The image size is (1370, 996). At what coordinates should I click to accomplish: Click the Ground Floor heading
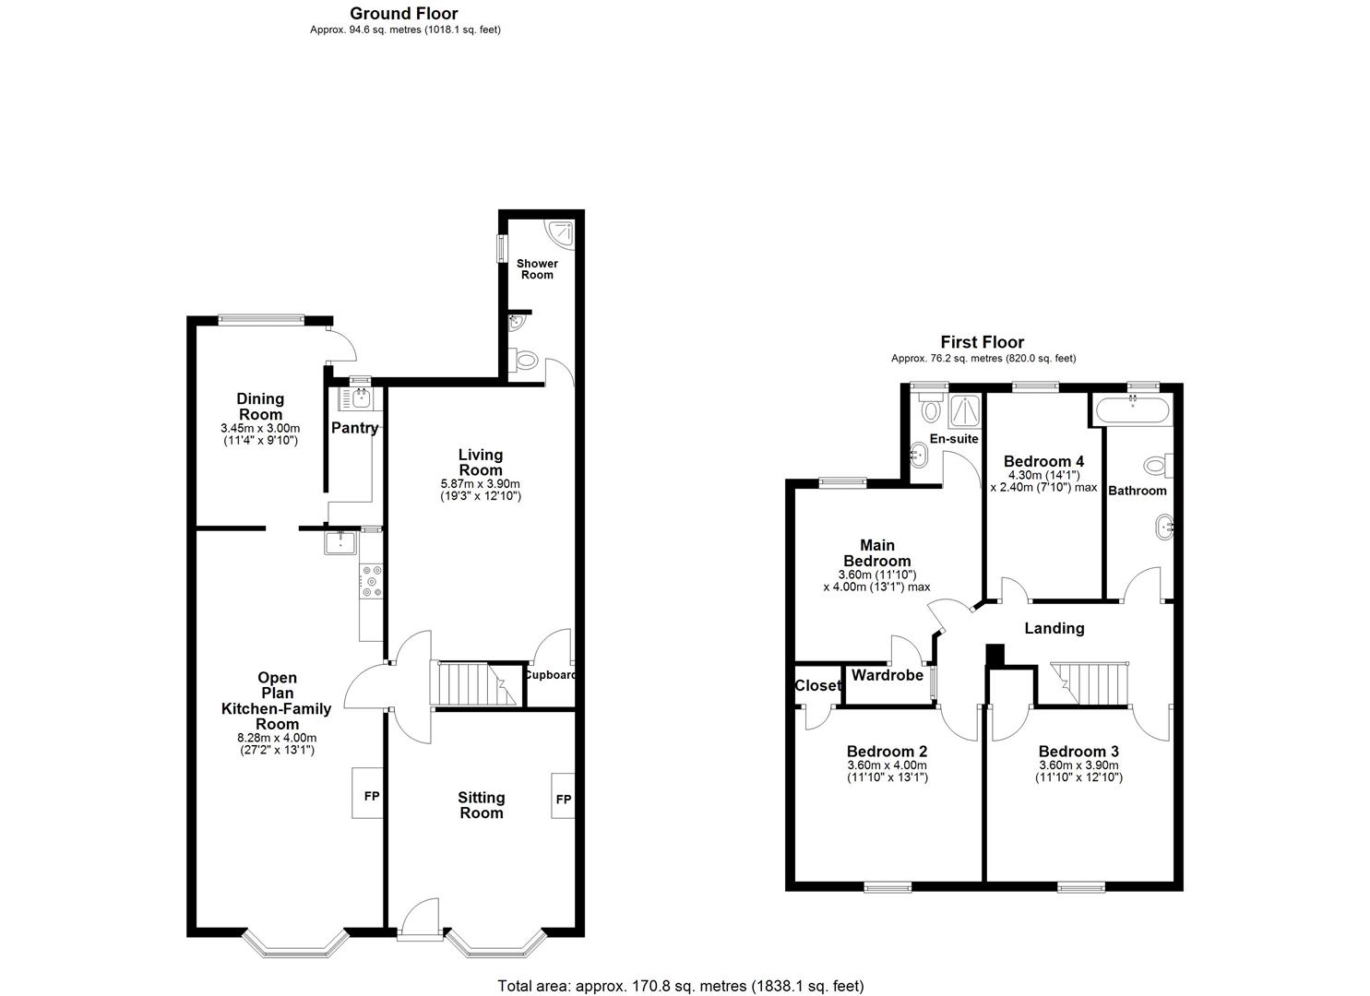tap(404, 14)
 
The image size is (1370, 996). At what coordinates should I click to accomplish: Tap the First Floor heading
tap(982, 343)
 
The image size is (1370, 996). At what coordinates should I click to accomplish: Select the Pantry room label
tap(355, 428)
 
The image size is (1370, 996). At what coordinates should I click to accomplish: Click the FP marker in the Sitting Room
tap(563, 799)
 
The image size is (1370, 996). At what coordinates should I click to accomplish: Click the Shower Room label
tap(537, 269)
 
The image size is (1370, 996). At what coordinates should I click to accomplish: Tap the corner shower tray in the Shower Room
tap(559, 231)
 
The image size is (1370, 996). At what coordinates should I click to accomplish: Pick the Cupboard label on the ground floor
tap(550, 674)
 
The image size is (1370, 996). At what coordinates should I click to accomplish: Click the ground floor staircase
tap(471, 684)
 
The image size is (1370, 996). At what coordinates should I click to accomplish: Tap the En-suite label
tap(954, 439)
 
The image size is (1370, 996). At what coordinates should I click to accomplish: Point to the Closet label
tap(817, 686)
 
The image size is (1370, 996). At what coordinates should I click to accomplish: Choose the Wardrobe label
tap(888, 676)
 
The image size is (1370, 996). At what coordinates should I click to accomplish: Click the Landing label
tap(1054, 628)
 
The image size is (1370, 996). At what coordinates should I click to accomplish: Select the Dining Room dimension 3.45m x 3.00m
tap(260, 429)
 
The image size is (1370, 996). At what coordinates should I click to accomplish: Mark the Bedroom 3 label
tap(1078, 751)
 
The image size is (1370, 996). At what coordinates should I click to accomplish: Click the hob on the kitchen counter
tap(374, 582)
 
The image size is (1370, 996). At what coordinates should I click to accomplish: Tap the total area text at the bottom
tap(681, 986)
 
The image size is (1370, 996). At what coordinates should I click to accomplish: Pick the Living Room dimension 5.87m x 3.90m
tap(481, 484)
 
